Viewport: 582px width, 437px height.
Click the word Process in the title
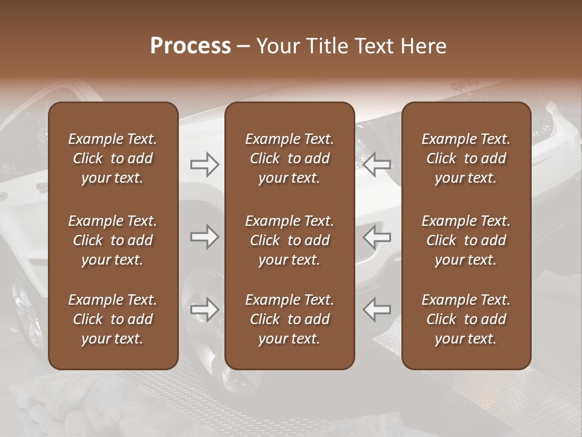[x=190, y=46]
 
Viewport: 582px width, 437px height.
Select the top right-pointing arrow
[x=204, y=164]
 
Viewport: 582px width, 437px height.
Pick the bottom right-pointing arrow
[x=204, y=310]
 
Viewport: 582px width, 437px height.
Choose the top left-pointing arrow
[x=377, y=164]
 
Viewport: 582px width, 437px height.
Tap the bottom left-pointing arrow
[x=377, y=310]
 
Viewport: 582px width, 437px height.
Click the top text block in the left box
[x=113, y=158]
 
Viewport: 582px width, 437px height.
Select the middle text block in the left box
[x=113, y=240]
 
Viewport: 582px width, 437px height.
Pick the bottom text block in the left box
[x=113, y=319]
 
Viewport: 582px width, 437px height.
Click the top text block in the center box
[x=290, y=158]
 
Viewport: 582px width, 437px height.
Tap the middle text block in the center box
[x=290, y=240]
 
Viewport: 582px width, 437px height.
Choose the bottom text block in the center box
[x=290, y=319]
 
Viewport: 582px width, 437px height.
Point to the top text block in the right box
[x=466, y=158]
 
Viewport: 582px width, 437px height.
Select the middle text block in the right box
[x=466, y=240]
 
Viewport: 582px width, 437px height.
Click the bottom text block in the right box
[x=466, y=319]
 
